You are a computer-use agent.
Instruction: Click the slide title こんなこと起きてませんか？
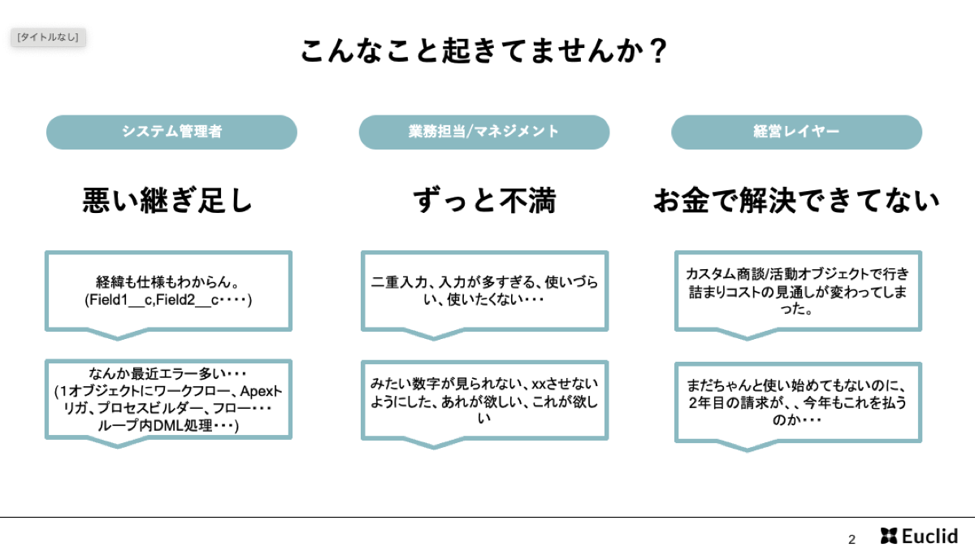coord(483,51)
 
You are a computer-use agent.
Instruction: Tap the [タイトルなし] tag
coord(48,37)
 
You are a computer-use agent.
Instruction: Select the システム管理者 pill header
coord(171,132)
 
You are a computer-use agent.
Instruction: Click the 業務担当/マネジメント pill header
coord(484,132)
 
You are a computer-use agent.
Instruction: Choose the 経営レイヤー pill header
coord(796,132)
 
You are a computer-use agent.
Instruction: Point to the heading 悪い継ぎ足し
coord(167,201)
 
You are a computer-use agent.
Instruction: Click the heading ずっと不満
coord(484,201)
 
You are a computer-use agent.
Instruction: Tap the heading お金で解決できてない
coord(796,201)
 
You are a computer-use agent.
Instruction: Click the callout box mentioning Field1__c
coord(168,291)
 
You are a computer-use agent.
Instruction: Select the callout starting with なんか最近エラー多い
coord(168,399)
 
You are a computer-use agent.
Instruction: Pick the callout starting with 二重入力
coord(484,291)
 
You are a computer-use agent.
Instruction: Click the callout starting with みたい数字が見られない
coord(484,400)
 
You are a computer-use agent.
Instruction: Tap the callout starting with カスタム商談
coord(798,291)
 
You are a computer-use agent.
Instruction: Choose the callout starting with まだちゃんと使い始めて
coord(798,402)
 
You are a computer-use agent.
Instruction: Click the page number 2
coord(851,539)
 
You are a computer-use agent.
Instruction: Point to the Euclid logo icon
coord(889,536)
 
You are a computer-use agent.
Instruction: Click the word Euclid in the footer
coord(929,536)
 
